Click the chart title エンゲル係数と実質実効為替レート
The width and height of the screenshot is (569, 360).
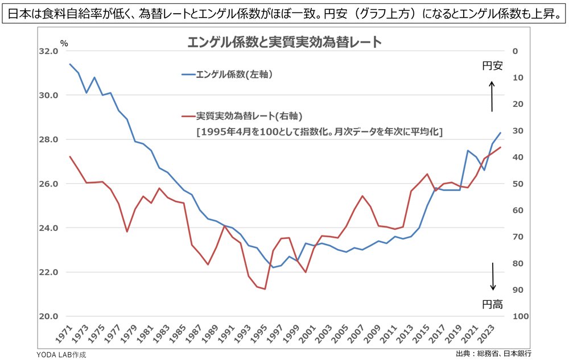(284, 43)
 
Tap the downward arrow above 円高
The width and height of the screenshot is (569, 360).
(493, 276)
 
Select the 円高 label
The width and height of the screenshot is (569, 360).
(493, 304)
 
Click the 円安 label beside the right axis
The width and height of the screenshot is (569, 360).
(492, 66)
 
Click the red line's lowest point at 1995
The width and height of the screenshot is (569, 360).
(265, 289)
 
